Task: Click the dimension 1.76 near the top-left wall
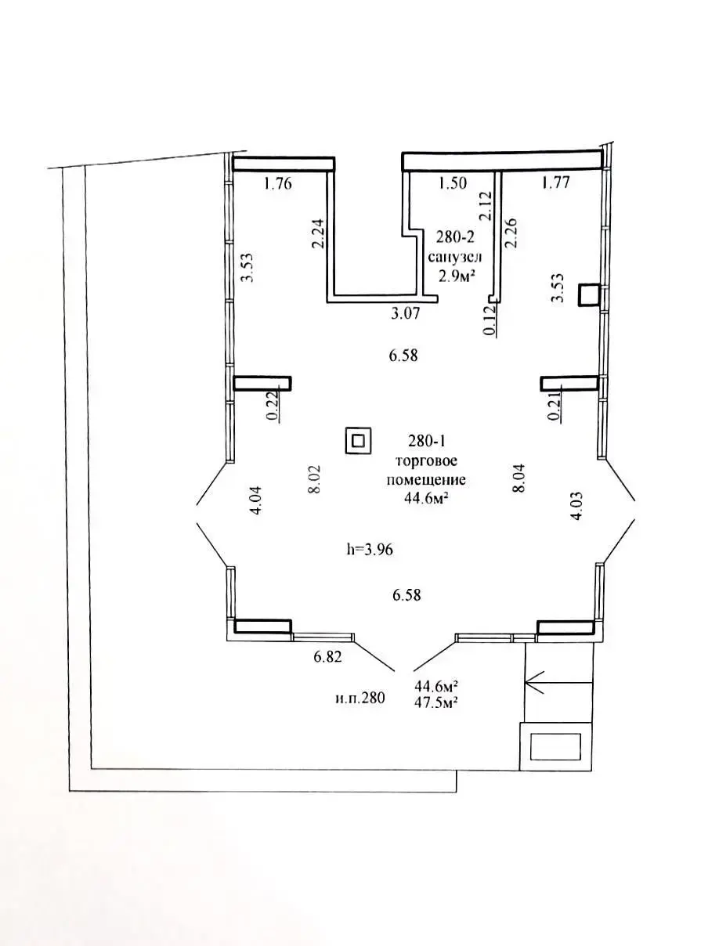coord(277,183)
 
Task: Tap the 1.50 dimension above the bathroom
coord(453,182)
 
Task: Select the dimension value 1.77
coord(555,182)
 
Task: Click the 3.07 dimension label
coord(405,313)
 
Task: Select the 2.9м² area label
coord(457,276)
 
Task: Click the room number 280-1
coord(426,440)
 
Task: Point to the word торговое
coord(426,460)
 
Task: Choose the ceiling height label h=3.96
coord(370,550)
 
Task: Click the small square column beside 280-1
coord(358,440)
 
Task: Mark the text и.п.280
coord(359,697)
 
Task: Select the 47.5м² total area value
coord(435,702)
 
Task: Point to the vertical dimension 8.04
coord(518,478)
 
